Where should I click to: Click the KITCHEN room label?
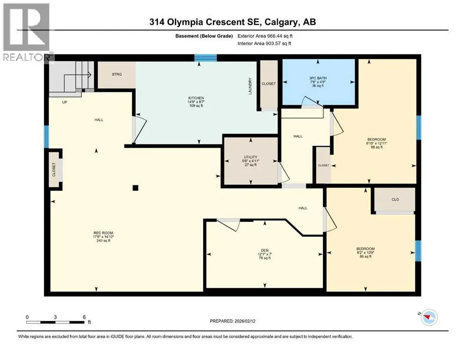(196, 98)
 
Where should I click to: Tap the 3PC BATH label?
(317, 78)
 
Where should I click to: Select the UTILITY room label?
(251, 157)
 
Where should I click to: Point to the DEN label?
(265, 250)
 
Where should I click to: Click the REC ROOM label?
(103, 233)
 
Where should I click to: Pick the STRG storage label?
(117, 74)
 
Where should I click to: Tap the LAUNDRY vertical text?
(250, 86)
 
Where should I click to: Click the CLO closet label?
(395, 199)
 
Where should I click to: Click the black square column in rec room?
(135, 187)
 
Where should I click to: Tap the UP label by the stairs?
(64, 102)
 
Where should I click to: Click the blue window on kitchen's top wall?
(206, 58)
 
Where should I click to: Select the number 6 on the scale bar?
(84, 317)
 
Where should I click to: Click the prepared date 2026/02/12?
(245, 321)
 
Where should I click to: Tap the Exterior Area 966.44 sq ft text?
(265, 36)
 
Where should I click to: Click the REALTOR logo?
(28, 32)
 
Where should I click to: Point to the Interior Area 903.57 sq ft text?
(264, 43)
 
